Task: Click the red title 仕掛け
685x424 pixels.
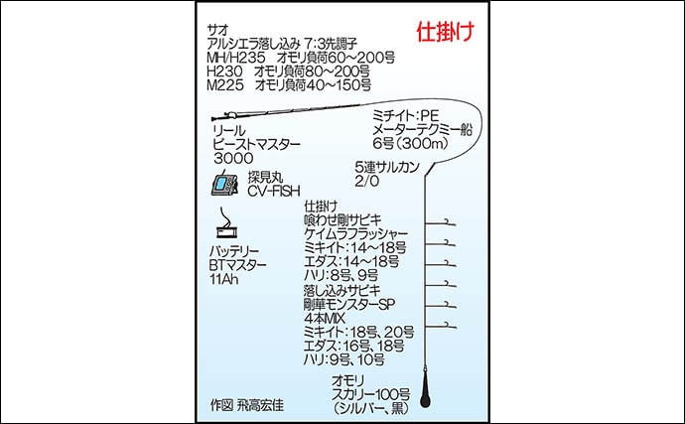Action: click(445, 32)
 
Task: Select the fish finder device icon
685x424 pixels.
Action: click(224, 184)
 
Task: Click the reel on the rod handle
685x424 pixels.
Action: click(230, 115)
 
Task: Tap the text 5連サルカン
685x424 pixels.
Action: click(387, 167)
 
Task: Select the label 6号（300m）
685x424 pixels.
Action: click(410, 143)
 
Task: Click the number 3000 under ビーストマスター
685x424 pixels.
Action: click(233, 158)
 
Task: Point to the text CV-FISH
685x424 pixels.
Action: click(274, 191)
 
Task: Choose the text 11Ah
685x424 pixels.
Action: click(224, 279)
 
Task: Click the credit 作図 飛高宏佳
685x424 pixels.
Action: click(247, 405)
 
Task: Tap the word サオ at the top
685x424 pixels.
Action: click(217, 30)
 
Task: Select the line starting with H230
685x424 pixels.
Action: click(288, 71)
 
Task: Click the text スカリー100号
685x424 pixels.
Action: click(370, 394)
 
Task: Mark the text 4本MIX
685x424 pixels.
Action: click(325, 318)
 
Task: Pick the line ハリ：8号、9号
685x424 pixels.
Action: click(341, 275)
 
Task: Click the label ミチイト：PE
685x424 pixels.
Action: click(405, 116)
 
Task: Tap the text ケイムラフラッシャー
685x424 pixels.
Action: click(355, 233)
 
